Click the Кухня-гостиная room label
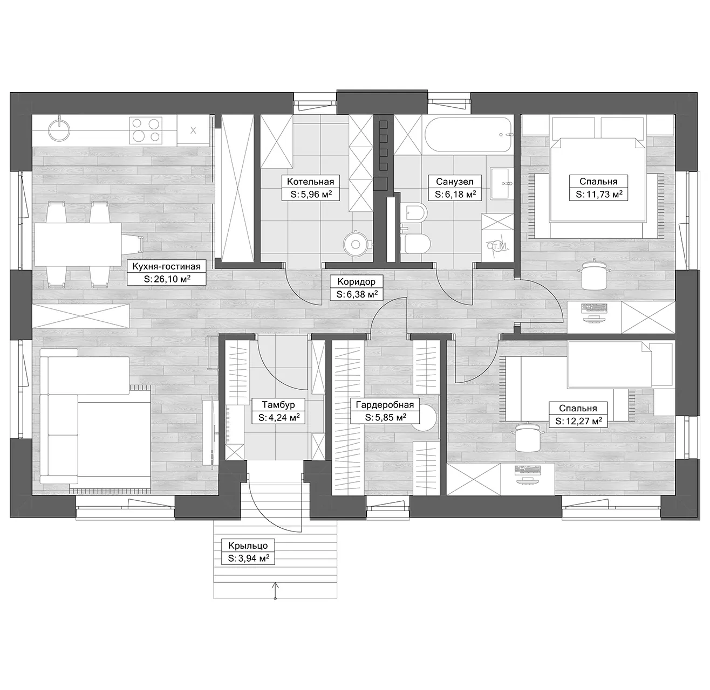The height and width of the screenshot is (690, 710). (x=166, y=266)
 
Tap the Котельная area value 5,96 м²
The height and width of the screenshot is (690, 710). (x=311, y=194)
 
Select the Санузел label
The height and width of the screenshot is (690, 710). (x=455, y=182)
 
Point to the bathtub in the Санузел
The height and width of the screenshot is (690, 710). (x=468, y=135)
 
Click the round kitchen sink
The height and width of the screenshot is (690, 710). (x=59, y=129)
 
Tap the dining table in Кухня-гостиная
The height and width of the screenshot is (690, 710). (x=78, y=244)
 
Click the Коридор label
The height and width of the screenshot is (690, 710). (x=356, y=281)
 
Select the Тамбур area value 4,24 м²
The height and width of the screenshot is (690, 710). (x=279, y=417)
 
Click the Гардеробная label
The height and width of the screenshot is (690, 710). (x=385, y=405)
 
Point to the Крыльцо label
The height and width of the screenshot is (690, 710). (x=248, y=546)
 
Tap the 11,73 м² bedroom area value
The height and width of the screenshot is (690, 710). (x=599, y=194)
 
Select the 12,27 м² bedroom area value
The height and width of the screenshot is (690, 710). (x=578, y=422)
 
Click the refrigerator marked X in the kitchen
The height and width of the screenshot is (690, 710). (x=193, y=130)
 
